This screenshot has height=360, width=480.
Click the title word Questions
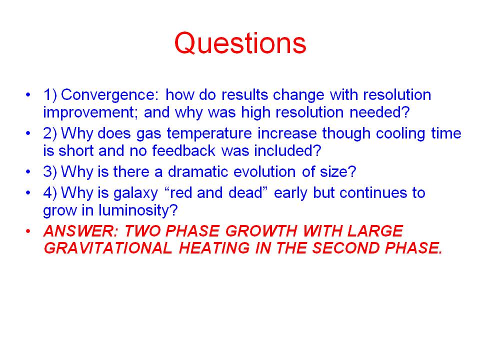point(240,43)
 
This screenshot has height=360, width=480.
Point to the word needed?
point(379,112)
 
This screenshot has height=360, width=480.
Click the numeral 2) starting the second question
point(50,133)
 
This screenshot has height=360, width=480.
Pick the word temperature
point(209,133)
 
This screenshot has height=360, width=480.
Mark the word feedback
point(183,150)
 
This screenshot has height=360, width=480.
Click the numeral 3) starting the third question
point(50,171)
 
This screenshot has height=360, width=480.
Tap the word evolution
point(264,171)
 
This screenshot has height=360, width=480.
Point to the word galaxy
point(135,193)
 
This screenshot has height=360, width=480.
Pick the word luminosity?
point(138,210)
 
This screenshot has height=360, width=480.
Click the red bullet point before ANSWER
point(28,231)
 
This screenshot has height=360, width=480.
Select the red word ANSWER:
point(81,231)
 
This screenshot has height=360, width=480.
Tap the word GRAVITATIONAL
point(108,247)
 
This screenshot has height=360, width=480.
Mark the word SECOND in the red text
point(345,247)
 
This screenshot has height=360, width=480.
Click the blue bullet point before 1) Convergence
point(28,94)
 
